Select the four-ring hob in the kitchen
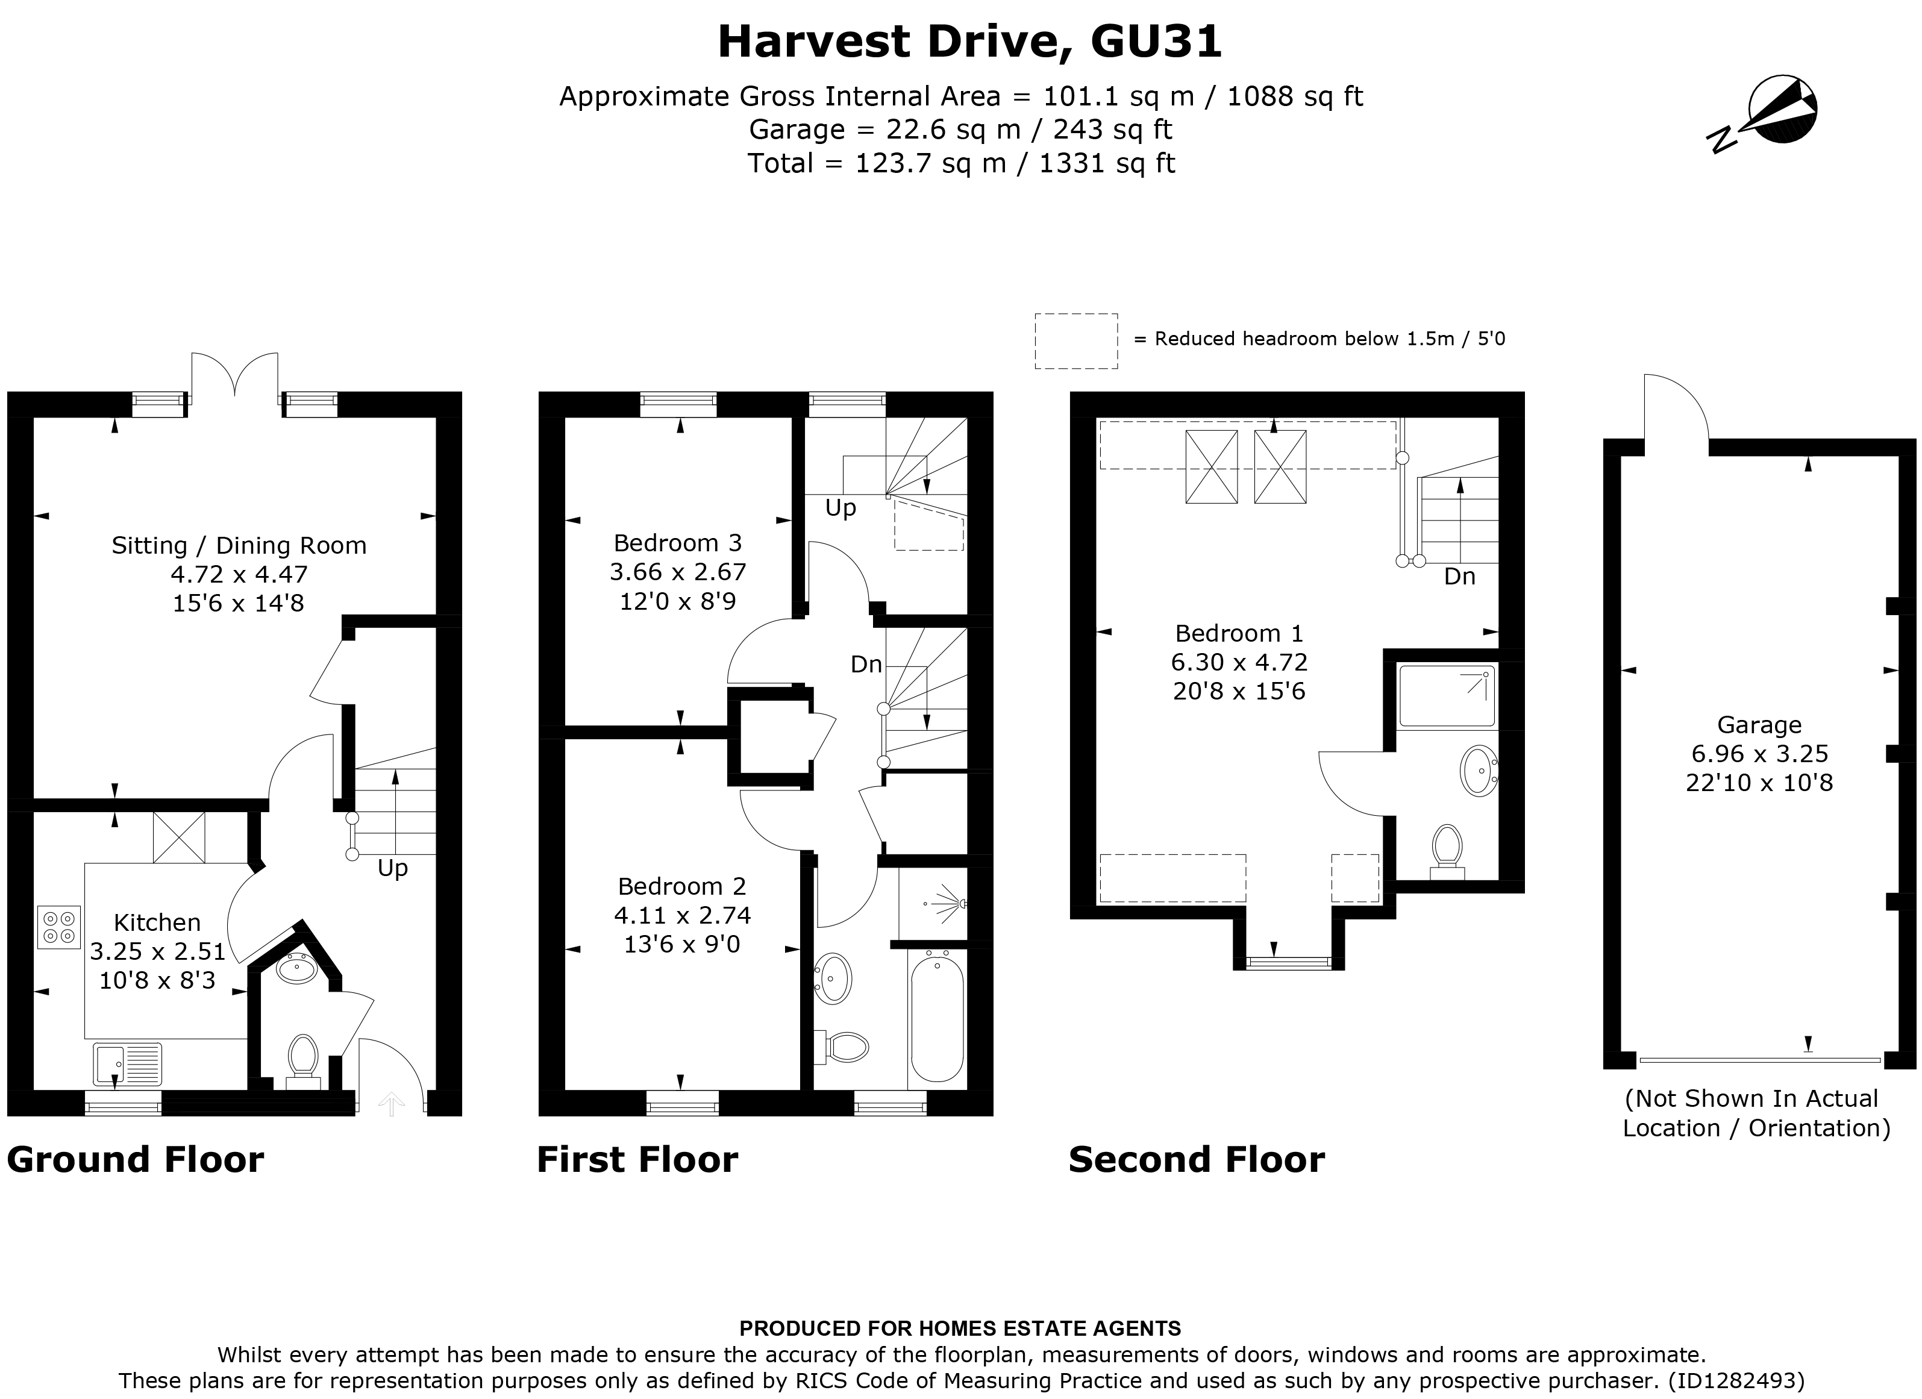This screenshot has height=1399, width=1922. [x=59, y=925]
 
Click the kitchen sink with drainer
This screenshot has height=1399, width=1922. [x=127, y=1063]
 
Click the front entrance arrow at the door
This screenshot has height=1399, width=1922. [x=390, y=1103]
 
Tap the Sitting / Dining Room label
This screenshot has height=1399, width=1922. [x=239, y=545]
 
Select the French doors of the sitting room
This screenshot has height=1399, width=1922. [x=235, y=377]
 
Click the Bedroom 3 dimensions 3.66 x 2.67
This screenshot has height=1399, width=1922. [x=678, y=572]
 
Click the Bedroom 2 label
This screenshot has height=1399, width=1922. [x=681, y=886]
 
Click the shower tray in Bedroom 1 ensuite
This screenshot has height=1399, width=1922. [x=1447, y=696]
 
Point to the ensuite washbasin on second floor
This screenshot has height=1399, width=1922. [x=1479, y=769]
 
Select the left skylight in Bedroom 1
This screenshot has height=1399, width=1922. [x=1211, y=467]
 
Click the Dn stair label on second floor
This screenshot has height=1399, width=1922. [x=1459, y=577]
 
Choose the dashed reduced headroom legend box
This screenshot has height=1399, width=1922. [x=1075, y=340]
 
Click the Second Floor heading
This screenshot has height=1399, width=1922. [x=1196, y=1159]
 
